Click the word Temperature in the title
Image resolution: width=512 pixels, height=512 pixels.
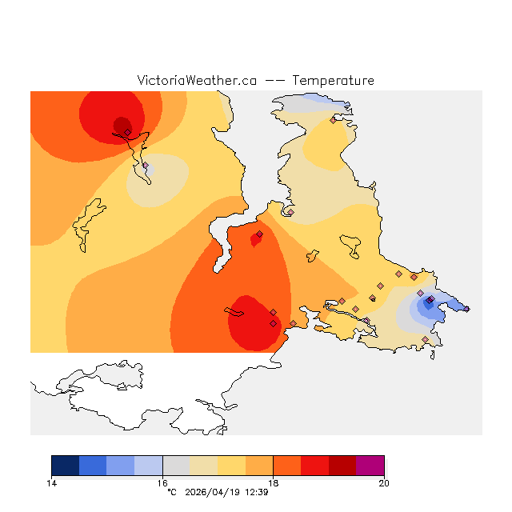(x=333, y=81)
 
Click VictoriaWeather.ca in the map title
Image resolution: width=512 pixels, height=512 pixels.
(x=197, y=81)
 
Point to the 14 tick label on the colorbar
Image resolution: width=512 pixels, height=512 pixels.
(x=51, y=482)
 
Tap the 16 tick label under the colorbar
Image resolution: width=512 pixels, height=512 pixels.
(x=162, y=482)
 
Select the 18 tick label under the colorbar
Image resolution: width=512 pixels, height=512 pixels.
(x=273, y=482)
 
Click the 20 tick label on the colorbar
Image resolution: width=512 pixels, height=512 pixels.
(x=384, y=482)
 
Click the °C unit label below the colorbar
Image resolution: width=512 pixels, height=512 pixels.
(x=171, y=492)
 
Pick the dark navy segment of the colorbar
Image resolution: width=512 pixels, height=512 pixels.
(x=65, y=466)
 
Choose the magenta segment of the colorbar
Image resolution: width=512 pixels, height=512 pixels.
(x=370, y=466)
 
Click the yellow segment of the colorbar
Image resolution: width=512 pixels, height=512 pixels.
(x=231, y=466)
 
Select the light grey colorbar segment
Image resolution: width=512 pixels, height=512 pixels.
(x=176, y=466)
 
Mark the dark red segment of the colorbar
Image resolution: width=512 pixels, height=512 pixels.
(x=342, y=466)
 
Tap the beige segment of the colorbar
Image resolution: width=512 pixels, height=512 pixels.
(x=204, y=466)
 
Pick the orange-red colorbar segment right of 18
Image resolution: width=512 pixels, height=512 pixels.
(x=287, y=466)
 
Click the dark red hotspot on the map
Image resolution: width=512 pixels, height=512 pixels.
(x=122, y=125)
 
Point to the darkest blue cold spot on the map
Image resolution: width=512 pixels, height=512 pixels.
(x=428, y=305)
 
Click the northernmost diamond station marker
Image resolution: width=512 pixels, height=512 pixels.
(x=333, y=120)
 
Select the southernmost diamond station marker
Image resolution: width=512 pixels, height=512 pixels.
(x=425, y=339)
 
